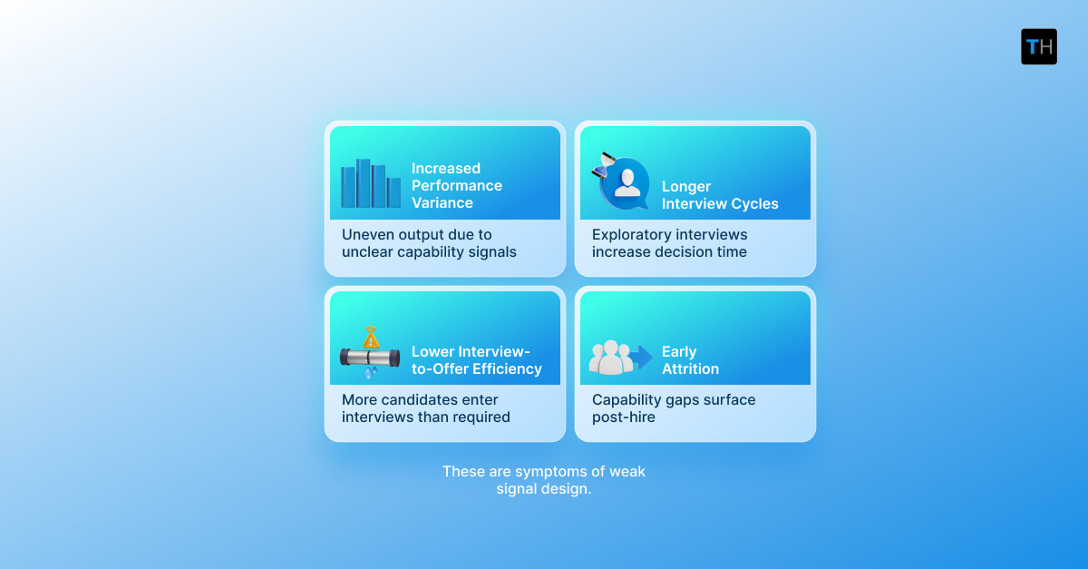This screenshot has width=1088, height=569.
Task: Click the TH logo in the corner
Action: pyautogui.click(x=1038, y=46)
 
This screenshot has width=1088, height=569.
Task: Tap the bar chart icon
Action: pyautogui.click(x=370, y=184)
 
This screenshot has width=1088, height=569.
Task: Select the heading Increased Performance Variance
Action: pyautogui.click(x=456, y=185)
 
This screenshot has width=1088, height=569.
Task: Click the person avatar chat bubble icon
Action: pyautogui.click(x=626, y=182)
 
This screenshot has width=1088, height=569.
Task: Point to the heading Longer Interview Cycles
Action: pyautogui.click(x=719, y=195)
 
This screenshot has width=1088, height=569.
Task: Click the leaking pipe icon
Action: pyautogui.click(x=370, y=357)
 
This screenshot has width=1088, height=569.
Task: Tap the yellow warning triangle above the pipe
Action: pyautogui.click(x=371, y=338)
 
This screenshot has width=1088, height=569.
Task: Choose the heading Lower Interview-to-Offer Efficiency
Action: pyautogui.click(x=476, y=360)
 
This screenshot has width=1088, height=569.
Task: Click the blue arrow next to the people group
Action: pyautogui.click(x=642, y=357)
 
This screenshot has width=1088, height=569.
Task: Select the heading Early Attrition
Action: pyautogui.click(x=690, y=360)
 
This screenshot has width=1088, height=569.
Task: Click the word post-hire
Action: pyautogui.click(x=624, y=417)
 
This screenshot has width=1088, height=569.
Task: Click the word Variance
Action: pyautogui.click(x=442, y=203)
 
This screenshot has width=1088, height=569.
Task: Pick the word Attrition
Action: pyautogui.click(x=690, y=368)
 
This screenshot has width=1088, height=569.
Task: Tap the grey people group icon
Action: pyautogui.click(x=610, y=358)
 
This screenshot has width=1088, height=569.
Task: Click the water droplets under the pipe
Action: pyautogui.click(x=370, y=372)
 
